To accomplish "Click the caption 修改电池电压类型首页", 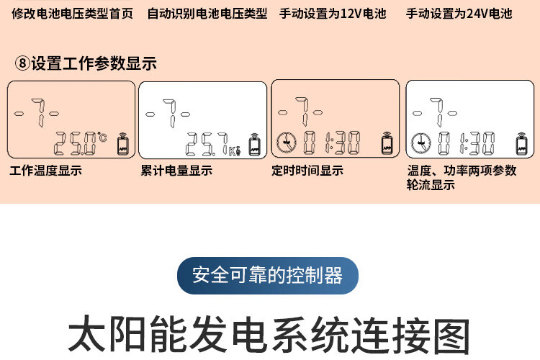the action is point(73,14).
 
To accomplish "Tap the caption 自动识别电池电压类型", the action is point(207,14).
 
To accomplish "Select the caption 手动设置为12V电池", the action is point(333,14).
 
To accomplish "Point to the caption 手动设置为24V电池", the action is point(459,14).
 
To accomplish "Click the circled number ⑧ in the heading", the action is point(22,63).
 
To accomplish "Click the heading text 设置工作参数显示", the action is point(94,63).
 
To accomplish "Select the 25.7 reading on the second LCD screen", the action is point(207,144).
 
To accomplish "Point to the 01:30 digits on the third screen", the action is point(331,144).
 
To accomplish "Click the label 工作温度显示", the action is point(46,171).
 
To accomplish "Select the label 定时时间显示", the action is point(307,171).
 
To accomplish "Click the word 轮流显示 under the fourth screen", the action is point(431,185).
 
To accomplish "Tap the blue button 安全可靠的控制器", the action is point(267,275).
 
